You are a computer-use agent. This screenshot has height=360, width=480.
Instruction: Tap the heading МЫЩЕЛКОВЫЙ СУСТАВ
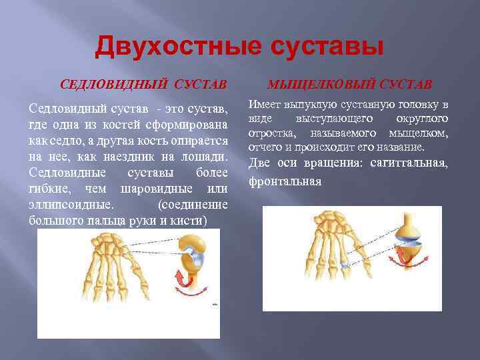point(349,84)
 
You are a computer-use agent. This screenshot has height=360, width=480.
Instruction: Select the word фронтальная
point(285,181)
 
